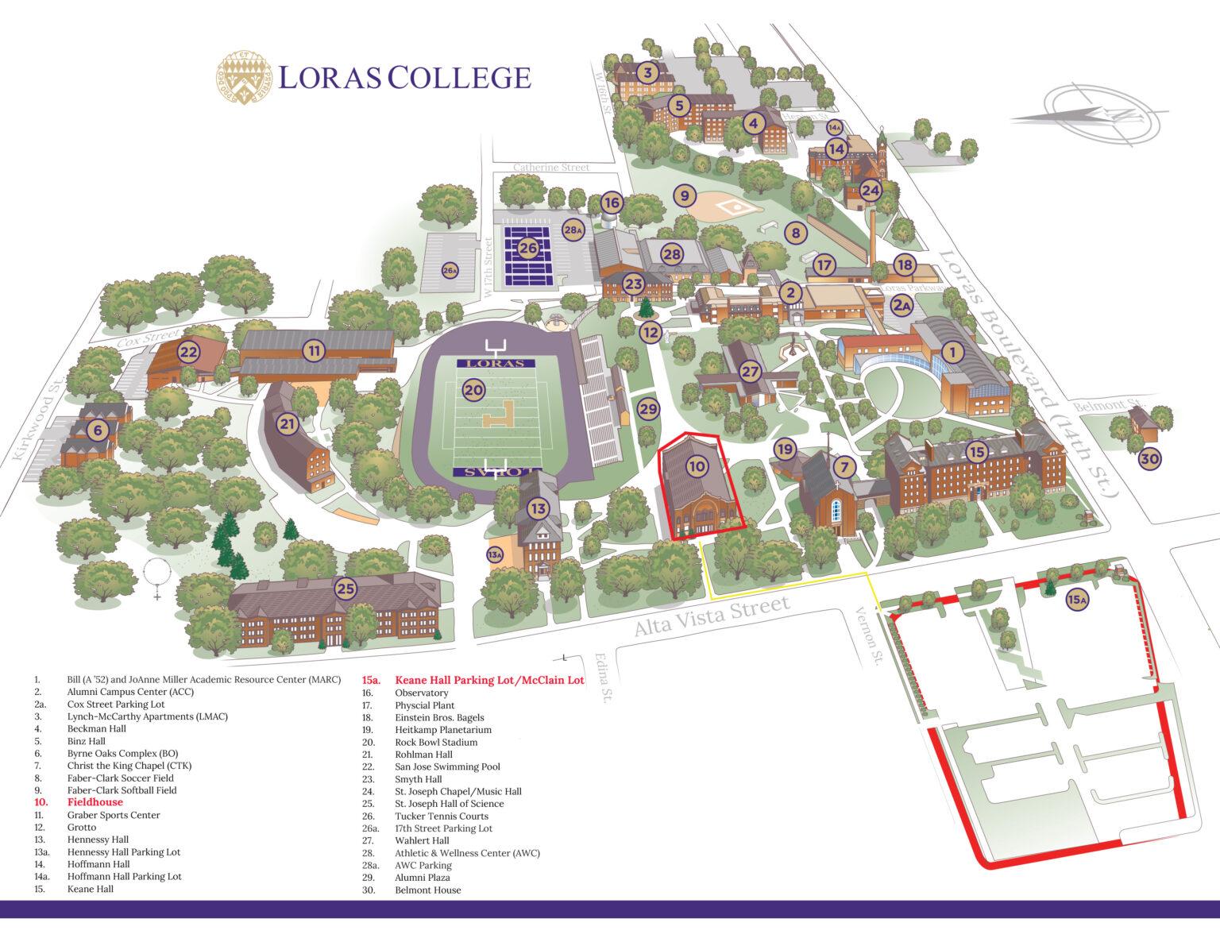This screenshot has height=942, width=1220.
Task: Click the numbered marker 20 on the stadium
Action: tap(473, 390)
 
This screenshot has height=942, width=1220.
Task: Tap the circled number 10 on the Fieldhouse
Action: tap(697, 466)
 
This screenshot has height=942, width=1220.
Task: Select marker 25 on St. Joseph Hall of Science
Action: tap(345, 589)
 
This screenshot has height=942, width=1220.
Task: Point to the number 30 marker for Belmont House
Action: tap(1149, 458)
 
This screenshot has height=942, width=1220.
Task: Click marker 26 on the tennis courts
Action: tap(528, 249)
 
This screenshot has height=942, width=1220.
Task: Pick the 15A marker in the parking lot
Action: tap(1076, 600)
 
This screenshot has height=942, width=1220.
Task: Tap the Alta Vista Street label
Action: tap(712, 616)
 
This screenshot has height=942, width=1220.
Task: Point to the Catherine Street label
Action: tap(551, 168)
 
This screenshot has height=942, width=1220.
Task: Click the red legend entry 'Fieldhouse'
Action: tap(95, 802)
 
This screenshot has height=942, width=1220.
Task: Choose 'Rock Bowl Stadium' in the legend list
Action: tap(436, 742)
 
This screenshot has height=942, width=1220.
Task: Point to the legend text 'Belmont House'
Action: tap(427, 890)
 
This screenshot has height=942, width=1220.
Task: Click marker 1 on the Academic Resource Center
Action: tap(953, 350)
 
